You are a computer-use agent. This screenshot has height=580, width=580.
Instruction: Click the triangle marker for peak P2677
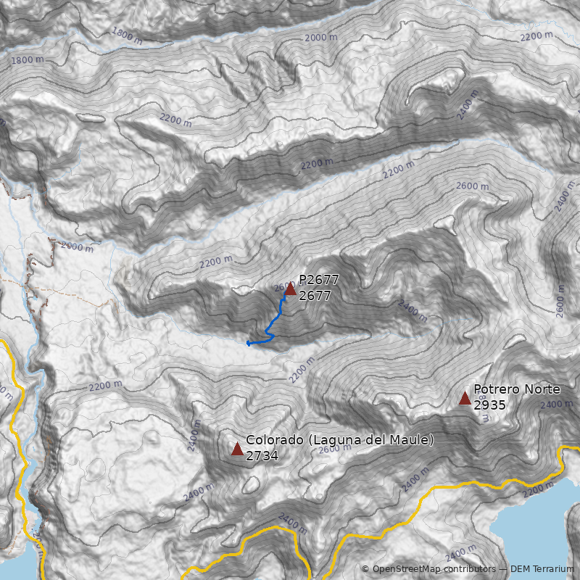point(290,289)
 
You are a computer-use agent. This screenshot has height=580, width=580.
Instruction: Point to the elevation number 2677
point(315,296)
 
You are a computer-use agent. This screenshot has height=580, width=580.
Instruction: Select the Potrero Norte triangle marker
point(465,398)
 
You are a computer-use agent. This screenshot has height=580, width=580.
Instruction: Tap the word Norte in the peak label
point(543,389)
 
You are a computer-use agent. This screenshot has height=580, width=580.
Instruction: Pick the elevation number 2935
point(489,405)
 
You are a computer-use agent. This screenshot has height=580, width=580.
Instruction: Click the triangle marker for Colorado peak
point(237,449)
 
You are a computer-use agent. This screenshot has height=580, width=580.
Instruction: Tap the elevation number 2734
point(262,456)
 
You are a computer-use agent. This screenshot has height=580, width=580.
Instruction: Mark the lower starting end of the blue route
point(249,343)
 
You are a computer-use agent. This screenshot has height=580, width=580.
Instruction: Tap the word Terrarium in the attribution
point(552,569)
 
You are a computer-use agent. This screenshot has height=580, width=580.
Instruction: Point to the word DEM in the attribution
point(521,569)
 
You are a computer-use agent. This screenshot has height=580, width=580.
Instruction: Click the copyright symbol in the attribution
point(365,569)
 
